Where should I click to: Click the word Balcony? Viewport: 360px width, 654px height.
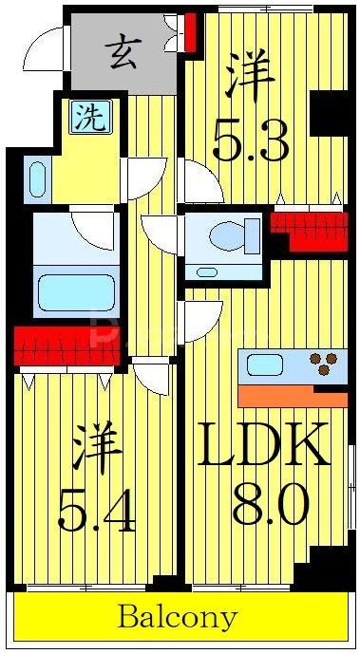pos(178,618)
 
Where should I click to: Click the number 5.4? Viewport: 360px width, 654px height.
pos(97,514)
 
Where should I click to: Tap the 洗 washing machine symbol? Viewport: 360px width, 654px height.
pos(87,118)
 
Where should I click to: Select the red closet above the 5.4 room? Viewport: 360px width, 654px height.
pos(66,346)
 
